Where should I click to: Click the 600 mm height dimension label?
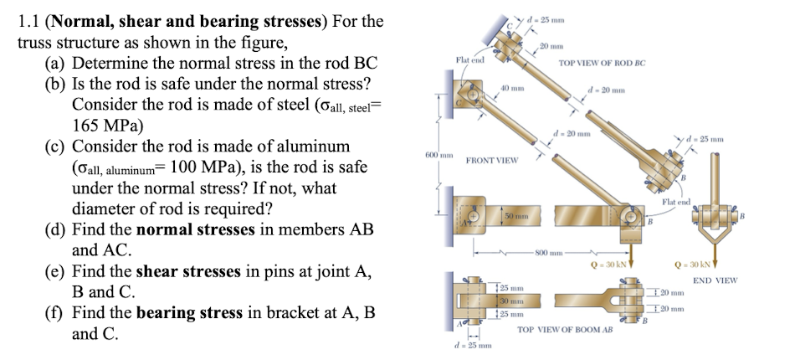440,156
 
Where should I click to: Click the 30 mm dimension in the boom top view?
510,300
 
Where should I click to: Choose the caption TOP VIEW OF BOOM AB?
565,330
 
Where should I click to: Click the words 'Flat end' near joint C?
469,61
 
